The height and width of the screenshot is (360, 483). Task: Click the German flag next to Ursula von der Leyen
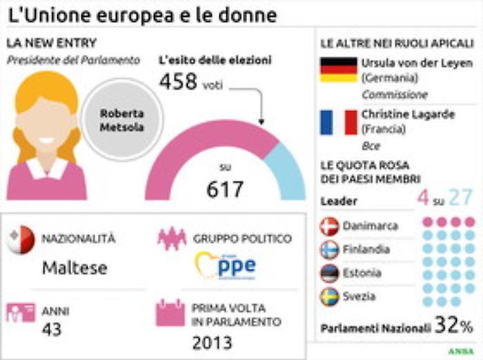pos(339,70)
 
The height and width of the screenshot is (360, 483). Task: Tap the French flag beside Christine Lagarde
pos(339,122)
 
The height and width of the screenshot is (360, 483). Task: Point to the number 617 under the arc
pos(225,189)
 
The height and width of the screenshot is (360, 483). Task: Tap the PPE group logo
pos(226,265)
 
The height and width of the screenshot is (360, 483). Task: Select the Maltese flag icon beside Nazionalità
pos(20,239)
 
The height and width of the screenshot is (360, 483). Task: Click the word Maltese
pos(74,268)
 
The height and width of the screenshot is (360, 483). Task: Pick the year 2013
pos(212,342)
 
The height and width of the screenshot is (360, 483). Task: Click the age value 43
pos(52,330)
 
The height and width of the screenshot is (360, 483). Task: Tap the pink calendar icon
pos(170,314)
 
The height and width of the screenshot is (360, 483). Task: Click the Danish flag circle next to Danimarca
pos(330,226)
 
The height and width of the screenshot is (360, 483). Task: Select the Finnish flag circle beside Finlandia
pos(330,250)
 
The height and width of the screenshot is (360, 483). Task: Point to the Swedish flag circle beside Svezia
pos(330,297)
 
